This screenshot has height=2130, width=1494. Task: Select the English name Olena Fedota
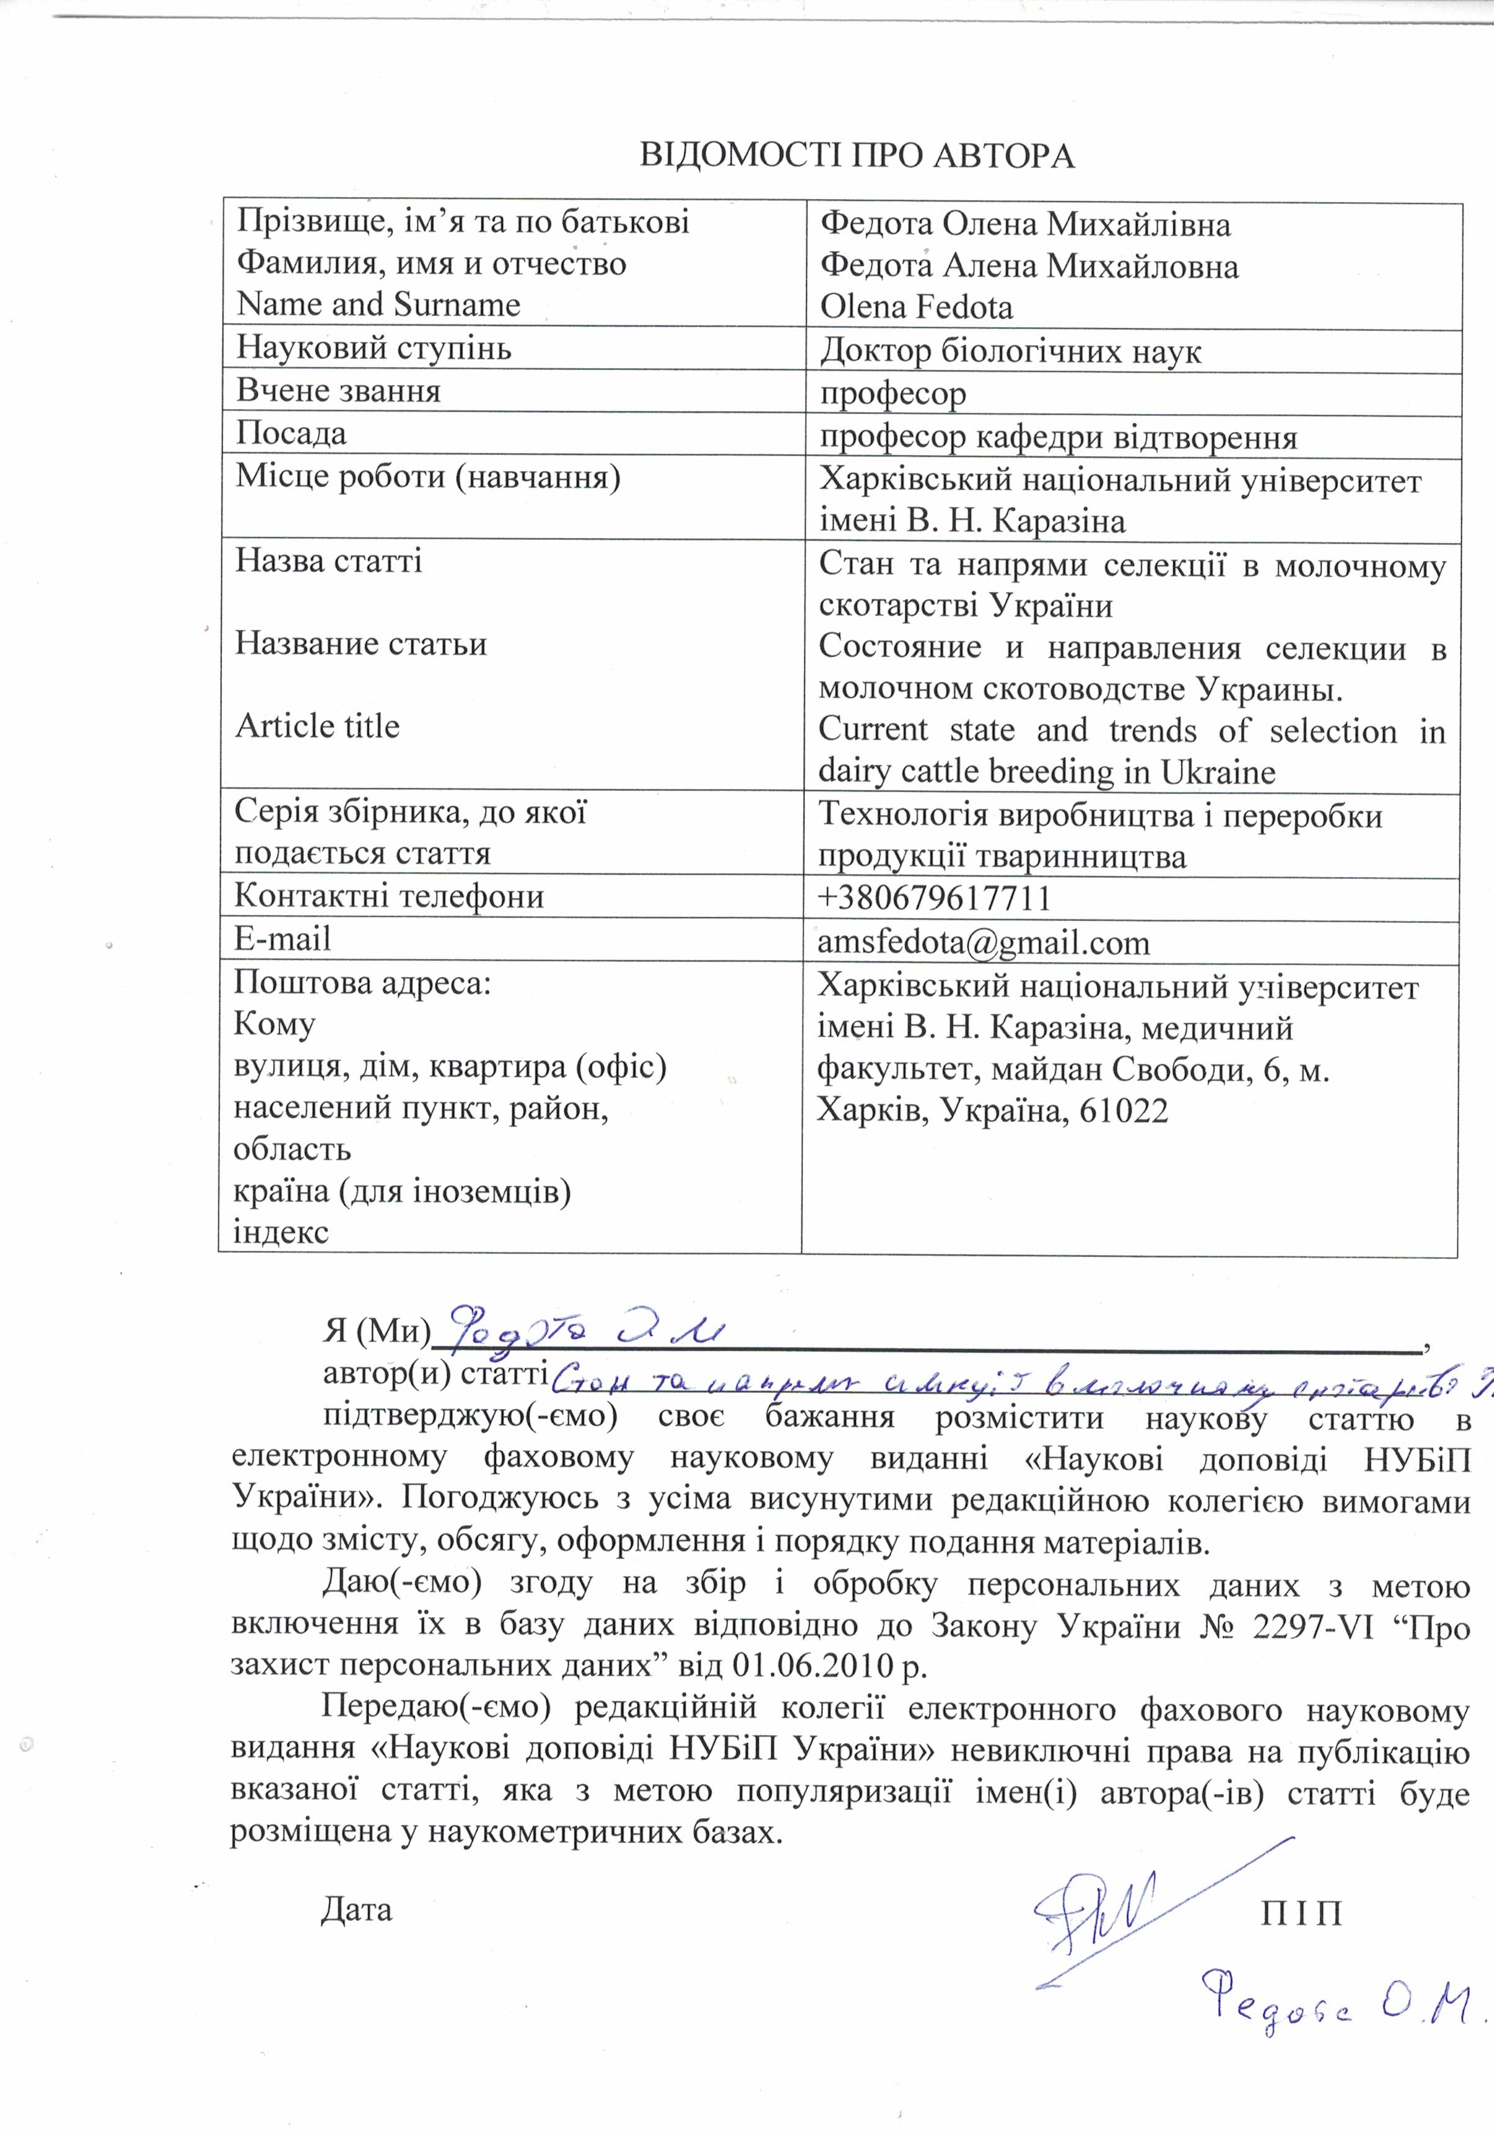(x=916, y=307)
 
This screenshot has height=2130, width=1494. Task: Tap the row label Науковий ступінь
(x=374, y=348)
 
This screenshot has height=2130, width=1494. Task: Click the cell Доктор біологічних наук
(x=1010, y=351)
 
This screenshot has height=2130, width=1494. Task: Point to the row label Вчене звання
(x=339, y=391)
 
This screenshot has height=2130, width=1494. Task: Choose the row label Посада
(x=291, y=433)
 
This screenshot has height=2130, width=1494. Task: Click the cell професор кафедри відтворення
(x=1059, y=437)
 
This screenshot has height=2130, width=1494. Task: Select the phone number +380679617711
(x=935, y=898)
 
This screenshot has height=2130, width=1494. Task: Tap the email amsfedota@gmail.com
(x=984, y=942)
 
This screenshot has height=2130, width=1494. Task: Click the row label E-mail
(x=282, y=939)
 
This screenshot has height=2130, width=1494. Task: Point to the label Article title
(x=318, y=725)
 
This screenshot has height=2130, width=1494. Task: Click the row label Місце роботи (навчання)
(x=428, y=476)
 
